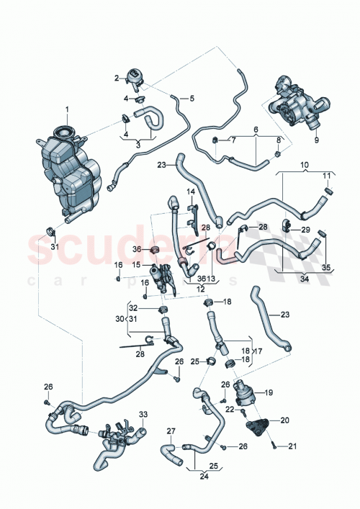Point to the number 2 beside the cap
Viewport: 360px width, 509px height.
(117, 78)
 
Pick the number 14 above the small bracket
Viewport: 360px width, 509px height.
(192, 192)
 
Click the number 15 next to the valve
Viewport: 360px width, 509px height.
(135, 264)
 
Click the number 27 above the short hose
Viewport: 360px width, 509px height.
(171, 431)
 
